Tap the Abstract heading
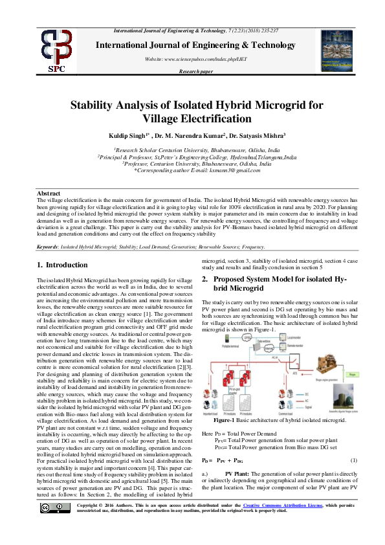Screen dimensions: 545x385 coord(49,194)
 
